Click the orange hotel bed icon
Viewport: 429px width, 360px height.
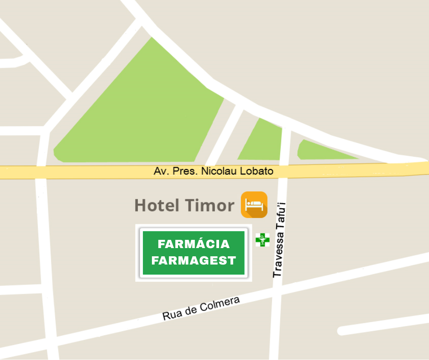tap(254, 204)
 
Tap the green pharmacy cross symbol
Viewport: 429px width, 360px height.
tap(262, 239)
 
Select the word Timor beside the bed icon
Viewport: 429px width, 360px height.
tap(209, 206)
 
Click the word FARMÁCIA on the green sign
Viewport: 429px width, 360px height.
tap(194, 244)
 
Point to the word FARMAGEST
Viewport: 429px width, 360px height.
tap(194, 260)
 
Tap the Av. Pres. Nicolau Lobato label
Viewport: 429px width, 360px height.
tap(214, 171)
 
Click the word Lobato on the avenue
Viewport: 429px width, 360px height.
tap(259, 171)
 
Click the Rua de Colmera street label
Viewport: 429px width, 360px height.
tap(201, 308)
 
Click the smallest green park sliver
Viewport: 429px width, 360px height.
tap(319, 151)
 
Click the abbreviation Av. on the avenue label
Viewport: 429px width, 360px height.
tap(160, 171)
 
